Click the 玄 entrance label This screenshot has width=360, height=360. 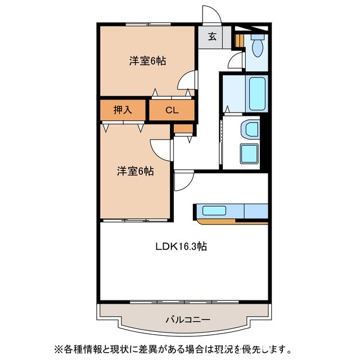click(x=213, y=37)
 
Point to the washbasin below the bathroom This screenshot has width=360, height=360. click(x=247, y=130)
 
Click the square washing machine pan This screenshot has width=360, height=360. click(x=249, y=153)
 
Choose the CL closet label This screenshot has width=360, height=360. click(x=172, y=110)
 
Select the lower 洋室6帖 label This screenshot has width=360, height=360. click(x=135, y=170)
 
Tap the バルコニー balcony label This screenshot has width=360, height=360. click(x=188, y=319)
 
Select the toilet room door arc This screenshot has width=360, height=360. click(x=237, y=60)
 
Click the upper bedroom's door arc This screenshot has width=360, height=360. click(x=186, y=82)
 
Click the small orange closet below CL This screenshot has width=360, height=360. click(x=182, y=128)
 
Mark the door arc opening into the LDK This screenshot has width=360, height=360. click(x=182, y=181)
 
